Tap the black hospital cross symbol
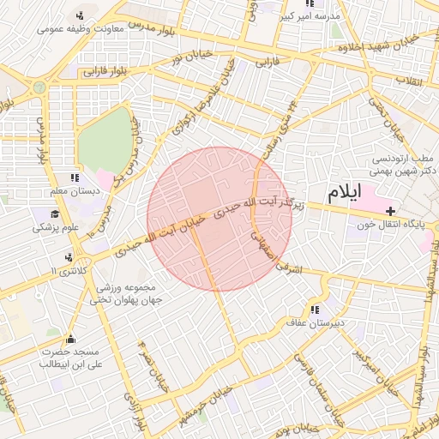pos(390,210)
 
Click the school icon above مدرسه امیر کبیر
pos(310,4)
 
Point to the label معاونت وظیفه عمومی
pos(82,29)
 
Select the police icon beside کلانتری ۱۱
pos(68,256)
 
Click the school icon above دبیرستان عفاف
pos(315,310)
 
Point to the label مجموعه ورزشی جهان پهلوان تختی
pos(128,293)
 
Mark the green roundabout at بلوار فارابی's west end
pos(39,87)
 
